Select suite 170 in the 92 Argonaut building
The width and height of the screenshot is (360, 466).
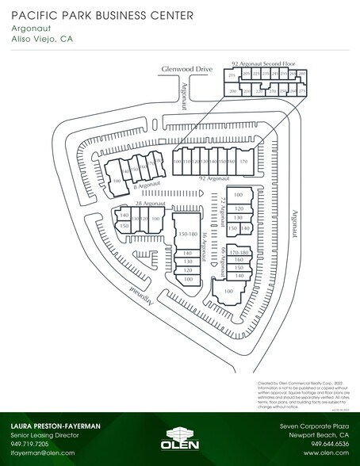(244, 161)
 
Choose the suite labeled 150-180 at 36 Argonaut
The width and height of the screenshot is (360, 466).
(188, 235)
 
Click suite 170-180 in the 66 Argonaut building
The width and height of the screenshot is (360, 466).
(239, 251)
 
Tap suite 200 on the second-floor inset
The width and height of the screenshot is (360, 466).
(233, 91)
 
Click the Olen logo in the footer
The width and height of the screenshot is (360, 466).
(179, 436)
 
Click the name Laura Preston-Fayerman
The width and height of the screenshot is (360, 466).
(56, 426)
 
